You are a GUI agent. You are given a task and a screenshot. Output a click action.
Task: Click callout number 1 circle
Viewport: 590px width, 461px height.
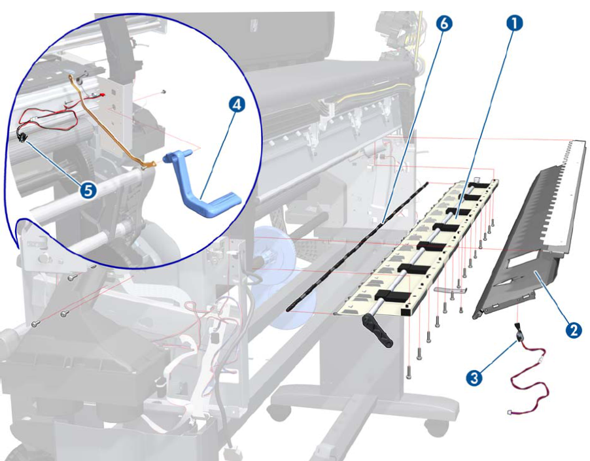point(515,24)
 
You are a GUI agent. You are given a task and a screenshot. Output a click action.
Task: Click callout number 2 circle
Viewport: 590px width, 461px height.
point(573,330)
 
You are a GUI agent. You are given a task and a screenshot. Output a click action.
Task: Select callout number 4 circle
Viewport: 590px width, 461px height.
point(237,105)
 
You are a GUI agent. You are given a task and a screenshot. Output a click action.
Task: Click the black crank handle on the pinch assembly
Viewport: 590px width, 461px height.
point(379,330)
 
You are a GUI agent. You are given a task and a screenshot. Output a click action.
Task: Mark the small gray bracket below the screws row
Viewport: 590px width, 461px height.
point(450,288)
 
